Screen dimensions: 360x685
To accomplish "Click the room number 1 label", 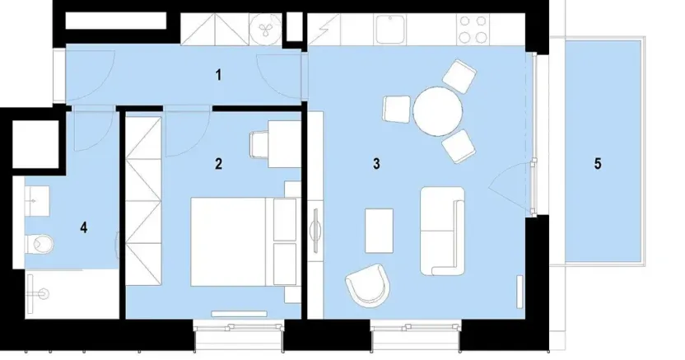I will tap(218, 76).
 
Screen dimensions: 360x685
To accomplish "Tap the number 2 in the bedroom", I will tap(218, 163).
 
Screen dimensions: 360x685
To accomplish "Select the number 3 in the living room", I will tap(375, 163).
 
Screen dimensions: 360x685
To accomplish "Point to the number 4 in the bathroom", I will tap(84, 227).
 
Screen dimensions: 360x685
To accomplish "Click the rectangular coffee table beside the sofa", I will tap(380, 230).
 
